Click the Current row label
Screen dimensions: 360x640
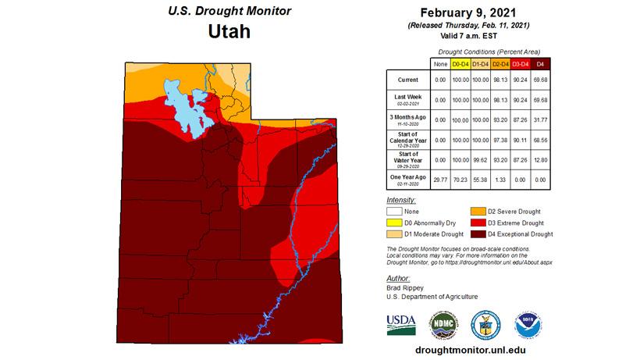coord(407,80)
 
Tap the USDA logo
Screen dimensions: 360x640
coord(401,322)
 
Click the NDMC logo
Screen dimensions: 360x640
coord(443,322)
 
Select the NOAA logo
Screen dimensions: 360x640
coord(524,322)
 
